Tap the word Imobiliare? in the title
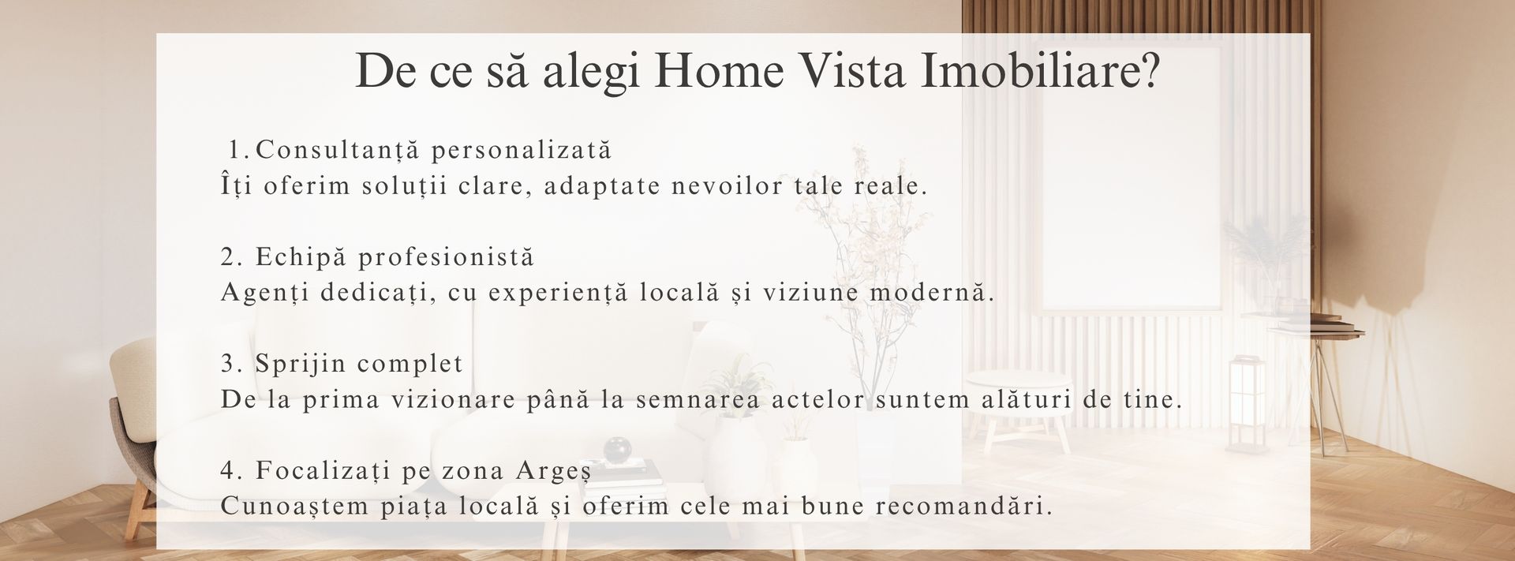click(x=1041, y=71)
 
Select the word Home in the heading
click(x=720, y=71)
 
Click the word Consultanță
click(x=339, y=149)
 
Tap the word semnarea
click(x=698, y=400)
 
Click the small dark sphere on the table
click(x=616, y=451)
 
